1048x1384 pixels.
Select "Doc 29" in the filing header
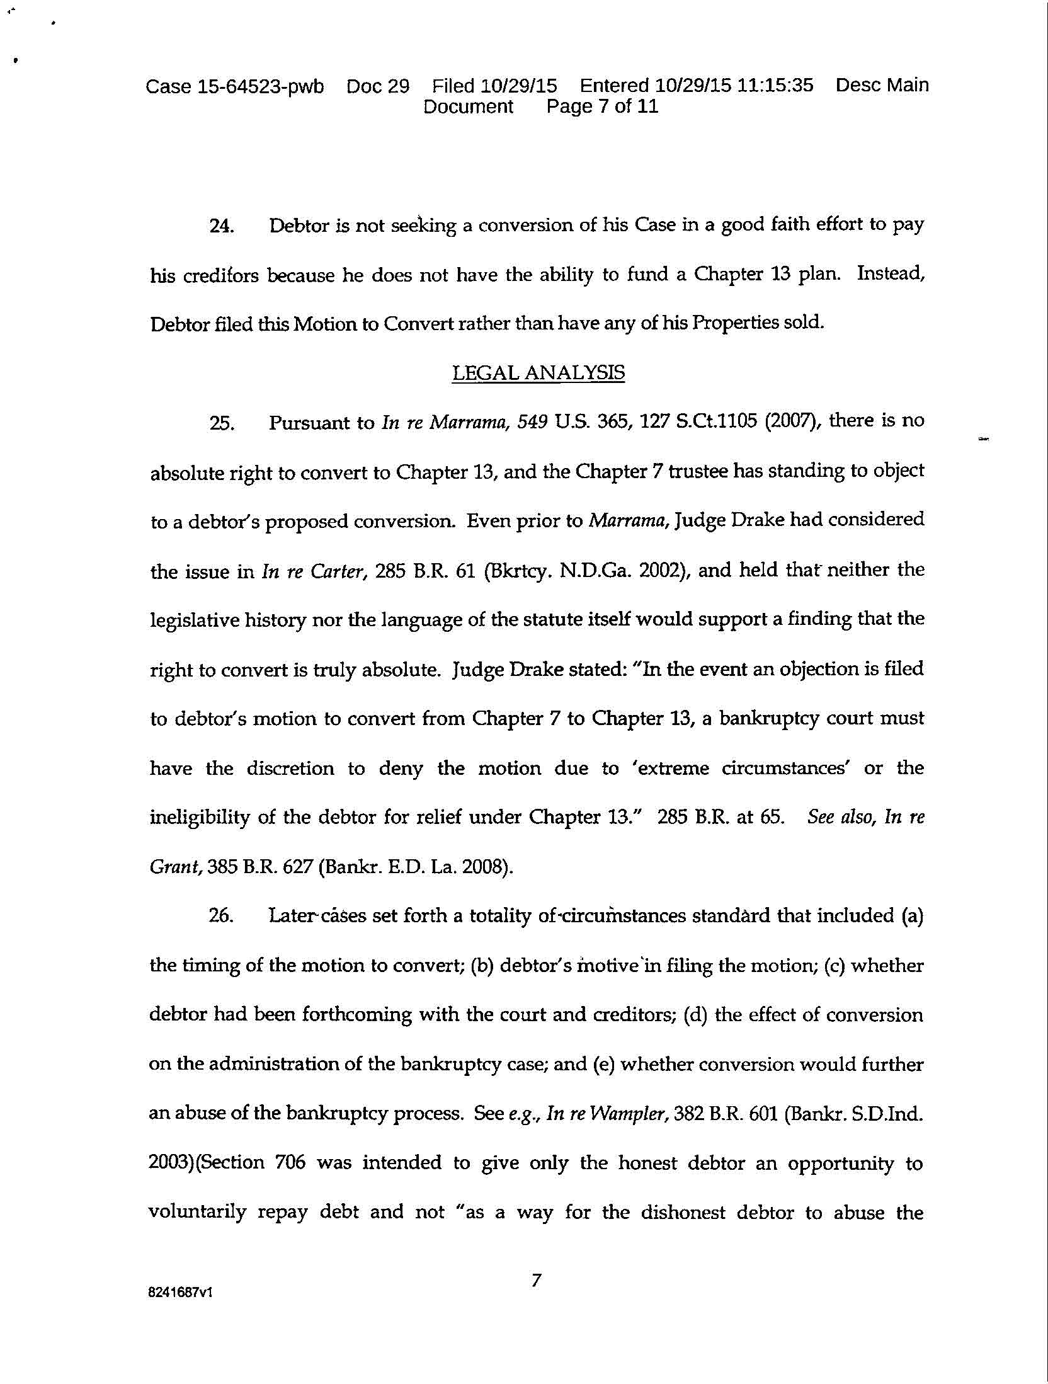click(377, 86)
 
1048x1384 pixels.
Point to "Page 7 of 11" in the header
click(602, 106)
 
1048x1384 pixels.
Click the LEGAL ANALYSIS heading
click(538, 373)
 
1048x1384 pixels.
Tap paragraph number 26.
click(221, 917)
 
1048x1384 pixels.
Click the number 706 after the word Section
click(290, 1163)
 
